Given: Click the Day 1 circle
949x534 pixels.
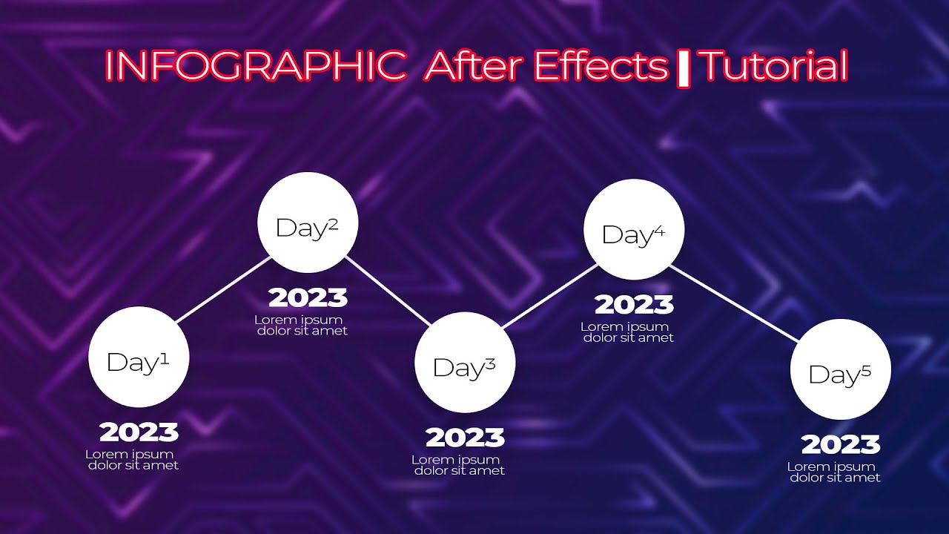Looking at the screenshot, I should [x=139, y=357].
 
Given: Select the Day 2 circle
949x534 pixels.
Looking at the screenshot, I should [x=308, y=222].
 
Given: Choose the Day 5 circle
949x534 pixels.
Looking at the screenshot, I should [x=840, y=369].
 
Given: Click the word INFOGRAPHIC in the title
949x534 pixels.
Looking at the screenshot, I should [x=255, y=66].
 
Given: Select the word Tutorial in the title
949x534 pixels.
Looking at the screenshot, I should [x=774, y=66].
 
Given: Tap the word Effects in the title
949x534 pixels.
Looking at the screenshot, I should [x=600, y=66].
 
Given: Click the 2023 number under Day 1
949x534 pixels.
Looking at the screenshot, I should [x=139, y=432].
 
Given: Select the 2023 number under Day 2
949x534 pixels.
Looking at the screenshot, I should [x=308, y=297].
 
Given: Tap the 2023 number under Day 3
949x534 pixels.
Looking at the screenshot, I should [x=465, y=438].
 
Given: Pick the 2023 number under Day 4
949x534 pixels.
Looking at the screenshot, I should [x=634, y=304].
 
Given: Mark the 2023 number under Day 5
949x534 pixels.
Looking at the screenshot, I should [x=841, y=444].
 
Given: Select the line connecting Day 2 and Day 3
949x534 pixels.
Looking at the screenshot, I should [x=388, y=291].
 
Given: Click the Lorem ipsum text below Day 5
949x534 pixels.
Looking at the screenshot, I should [x=833, y=472].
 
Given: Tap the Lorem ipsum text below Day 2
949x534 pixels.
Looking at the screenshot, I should [x=300, y=325].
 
